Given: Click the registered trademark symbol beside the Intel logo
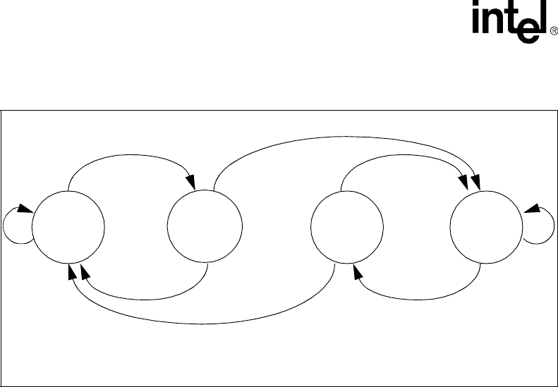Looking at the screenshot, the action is click(553, 31).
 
